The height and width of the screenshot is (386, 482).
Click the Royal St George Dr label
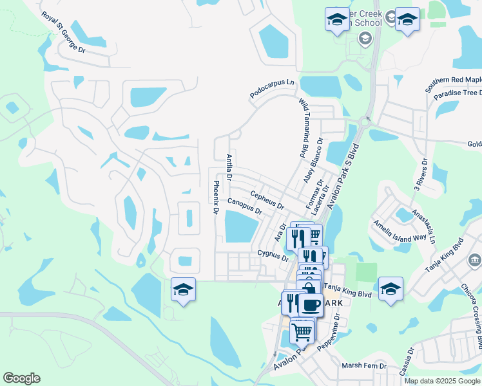[x=63, y=32]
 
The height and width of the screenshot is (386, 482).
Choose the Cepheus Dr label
[x=267, y=200]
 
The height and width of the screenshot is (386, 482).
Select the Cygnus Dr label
[x=273, y=257]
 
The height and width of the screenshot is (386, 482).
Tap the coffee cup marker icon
[x=311, y=305]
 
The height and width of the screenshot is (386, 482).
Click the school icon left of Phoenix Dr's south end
[x=183, y=291]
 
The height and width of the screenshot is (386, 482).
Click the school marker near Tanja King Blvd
[x=390, y=289]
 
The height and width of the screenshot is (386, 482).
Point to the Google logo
[x=22, y=378]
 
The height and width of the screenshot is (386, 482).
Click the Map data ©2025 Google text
[x=442, y=381]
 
